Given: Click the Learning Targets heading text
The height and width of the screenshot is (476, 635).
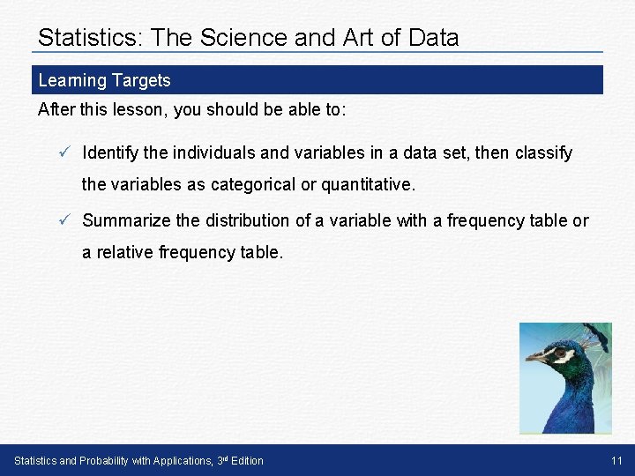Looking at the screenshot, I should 104,80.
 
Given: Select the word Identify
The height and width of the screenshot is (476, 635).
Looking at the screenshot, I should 110,152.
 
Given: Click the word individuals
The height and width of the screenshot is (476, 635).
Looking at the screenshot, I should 214,152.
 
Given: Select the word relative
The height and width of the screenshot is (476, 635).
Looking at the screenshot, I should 123,253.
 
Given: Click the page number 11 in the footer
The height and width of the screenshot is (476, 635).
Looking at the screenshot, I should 616,461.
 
